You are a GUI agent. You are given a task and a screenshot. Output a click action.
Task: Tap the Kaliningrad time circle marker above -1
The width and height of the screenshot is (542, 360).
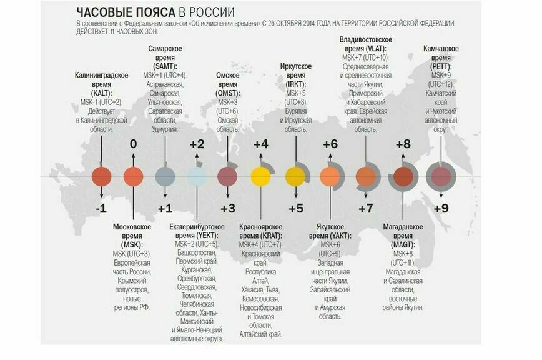coord(102,177)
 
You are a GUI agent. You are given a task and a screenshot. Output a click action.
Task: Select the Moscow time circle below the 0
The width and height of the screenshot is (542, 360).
coord(133,177)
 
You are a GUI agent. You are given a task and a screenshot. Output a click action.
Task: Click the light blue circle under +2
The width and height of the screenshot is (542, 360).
coord(197,177)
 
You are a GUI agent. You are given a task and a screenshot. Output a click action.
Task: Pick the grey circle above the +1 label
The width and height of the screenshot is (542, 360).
coord(165,177)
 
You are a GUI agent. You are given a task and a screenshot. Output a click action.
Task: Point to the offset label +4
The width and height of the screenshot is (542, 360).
coord(261,144)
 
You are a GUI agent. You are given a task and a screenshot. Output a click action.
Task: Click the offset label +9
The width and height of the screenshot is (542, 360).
coord(441,208)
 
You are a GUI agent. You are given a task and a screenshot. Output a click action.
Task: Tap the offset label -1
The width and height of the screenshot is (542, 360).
coord(101,208)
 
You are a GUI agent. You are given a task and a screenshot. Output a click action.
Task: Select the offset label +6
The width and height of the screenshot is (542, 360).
coord(330,144)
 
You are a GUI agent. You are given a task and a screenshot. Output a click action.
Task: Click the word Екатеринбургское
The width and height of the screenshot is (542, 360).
coord(197,226)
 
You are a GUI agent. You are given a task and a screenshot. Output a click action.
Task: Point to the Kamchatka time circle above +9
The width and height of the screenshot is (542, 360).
coord(441,177)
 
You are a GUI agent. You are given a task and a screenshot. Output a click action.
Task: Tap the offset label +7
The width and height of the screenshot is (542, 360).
coord(365,208)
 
